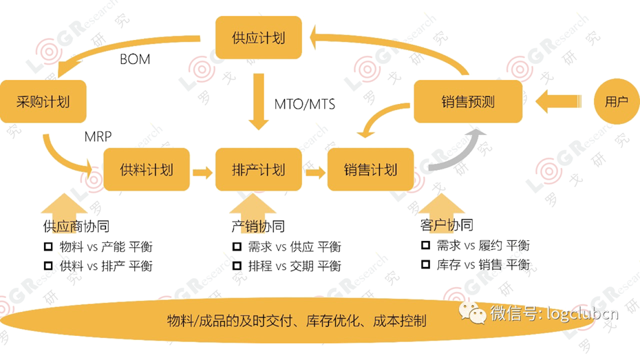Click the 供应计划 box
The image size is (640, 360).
[x=259, y=37]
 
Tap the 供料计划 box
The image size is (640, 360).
[x=147, y=170]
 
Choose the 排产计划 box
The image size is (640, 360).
[x=259, y=170]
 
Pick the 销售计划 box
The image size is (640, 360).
[x=371, y=170]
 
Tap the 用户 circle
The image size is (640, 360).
[x=616, y=103]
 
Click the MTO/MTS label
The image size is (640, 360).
[x=305, y=105]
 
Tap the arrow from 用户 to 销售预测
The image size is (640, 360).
[x=557, y=103]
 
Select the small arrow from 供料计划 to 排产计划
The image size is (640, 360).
[x=202, y=171]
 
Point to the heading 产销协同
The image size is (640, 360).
[x=258, y=226]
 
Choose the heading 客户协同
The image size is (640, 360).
[x=446, y=225]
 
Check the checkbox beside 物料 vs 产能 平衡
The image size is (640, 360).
[x=48, y=246]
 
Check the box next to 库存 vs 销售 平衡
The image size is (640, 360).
[x=425, y=265]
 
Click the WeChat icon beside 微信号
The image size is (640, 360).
[x=473, y=313]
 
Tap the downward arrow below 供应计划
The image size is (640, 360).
[x=259, y=103]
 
